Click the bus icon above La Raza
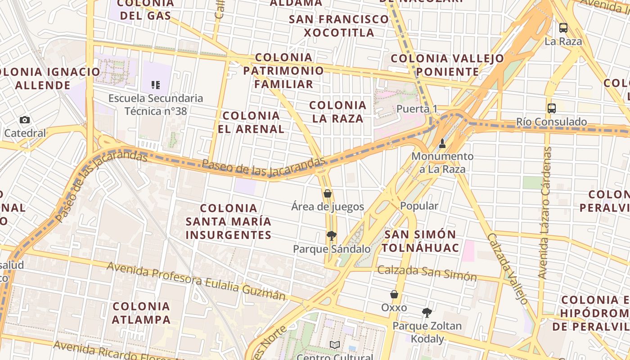pos(563,28)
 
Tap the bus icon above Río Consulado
pos(552,108)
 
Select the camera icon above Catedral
pos(25,120)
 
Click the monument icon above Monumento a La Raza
pos(442,144)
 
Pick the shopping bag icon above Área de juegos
pos(328,193)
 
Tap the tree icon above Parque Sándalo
pos(331,235)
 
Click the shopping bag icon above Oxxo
pos(394,294)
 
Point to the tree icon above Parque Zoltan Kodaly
pos(427,312)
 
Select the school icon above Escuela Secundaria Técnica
pos(156,85)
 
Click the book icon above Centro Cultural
pos(335,345)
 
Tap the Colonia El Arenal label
pos(251,122)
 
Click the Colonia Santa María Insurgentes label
pos(229,221)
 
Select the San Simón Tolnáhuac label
pos(421,241)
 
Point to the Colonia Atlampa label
pos(141,313)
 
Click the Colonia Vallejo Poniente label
pos(447,65)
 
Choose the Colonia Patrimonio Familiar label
pos(283,71)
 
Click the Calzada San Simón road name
pos(427,272)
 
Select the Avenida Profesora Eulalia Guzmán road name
pos(196,280)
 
